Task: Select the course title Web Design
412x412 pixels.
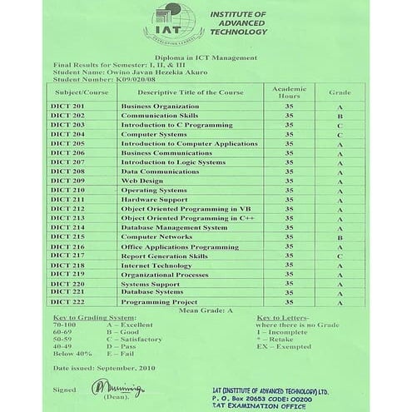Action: (x=141, y=181)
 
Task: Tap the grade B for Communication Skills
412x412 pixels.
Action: (x=340, y=117)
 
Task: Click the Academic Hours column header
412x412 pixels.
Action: (x=289, y=92)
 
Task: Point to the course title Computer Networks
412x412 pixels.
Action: (x=156, y=236)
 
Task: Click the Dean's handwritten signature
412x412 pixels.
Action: (x=108, y=388)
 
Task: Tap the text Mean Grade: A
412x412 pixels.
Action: (x=206, y=310)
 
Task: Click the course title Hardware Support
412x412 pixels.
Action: (x=154, y=200)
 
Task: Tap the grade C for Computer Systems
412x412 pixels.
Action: (x=340, y=135)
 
